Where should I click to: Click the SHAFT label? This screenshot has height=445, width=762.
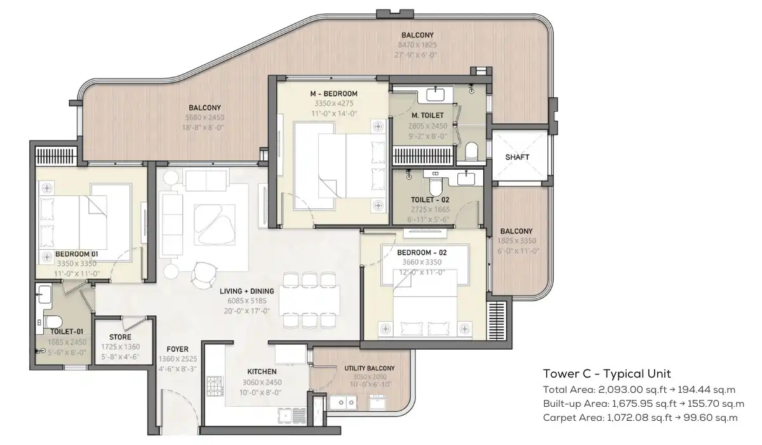tap(517, 157)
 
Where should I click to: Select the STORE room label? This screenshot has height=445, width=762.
tap(120, 337)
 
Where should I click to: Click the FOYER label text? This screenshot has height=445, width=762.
tap(176, 349)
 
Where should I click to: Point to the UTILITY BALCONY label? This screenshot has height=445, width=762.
tap(369, 368)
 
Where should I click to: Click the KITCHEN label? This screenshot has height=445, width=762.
tap(262, 371)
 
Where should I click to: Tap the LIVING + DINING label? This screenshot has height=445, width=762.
tap(247, 292)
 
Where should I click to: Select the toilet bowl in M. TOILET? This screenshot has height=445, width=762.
tap(471, 152)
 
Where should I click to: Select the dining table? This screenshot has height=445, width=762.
tap(309, 301)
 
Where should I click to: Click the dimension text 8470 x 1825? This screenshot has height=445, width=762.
tap(417, 45)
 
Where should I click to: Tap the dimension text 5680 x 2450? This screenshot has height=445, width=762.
tap(204, 118)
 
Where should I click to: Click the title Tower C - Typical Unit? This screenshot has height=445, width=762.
tap(606, 374)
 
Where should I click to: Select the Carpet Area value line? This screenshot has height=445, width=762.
tap(640, 418)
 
